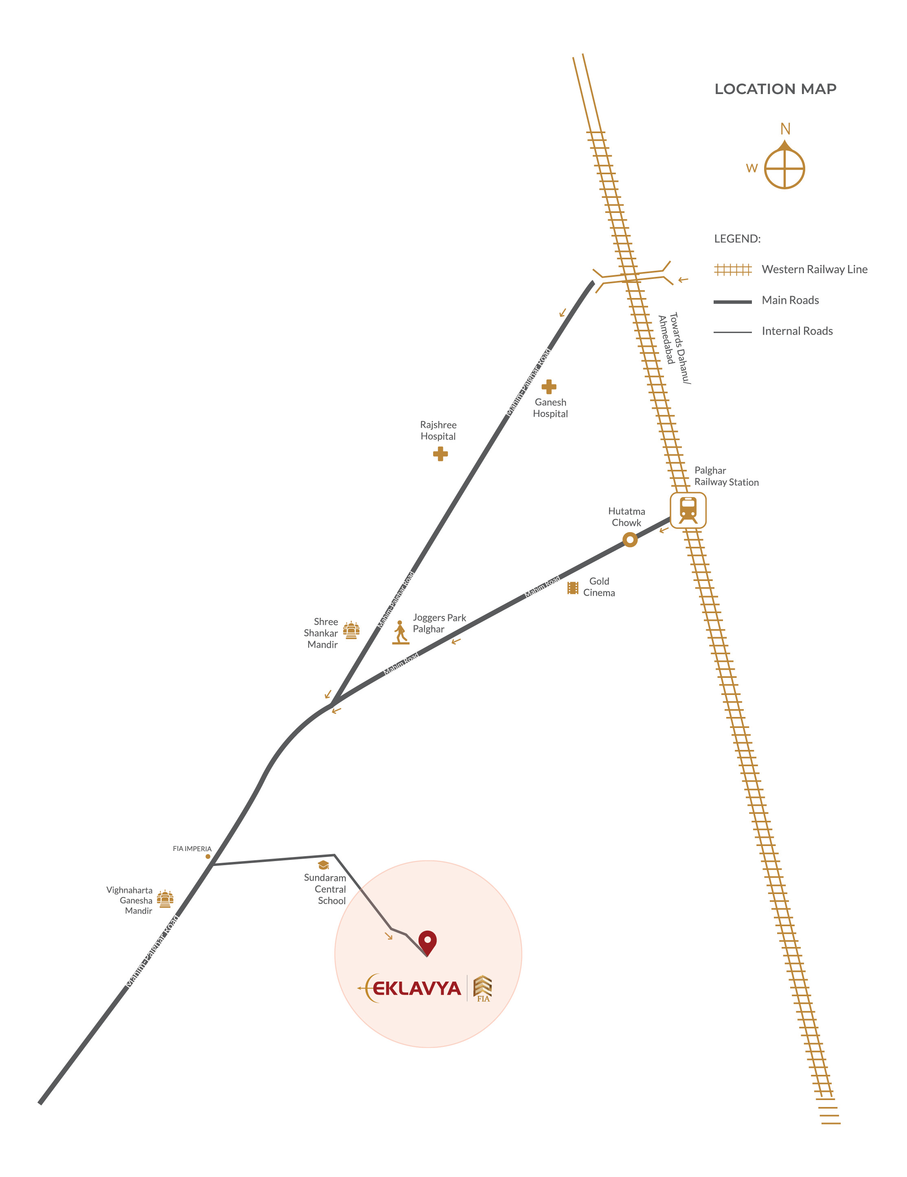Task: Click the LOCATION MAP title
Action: point(775,89)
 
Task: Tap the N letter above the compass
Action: point(785,129)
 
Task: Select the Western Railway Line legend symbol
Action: point(732,270)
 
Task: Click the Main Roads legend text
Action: point(790,300)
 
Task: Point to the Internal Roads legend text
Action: point(797,331)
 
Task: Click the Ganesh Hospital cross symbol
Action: point(549,386)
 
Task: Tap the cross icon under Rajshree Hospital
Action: point(440,454)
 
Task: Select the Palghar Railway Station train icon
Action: point(688,510)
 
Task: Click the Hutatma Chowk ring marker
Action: point(630,539)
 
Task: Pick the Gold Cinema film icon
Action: point(573,587)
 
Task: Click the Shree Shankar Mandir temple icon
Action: point(351,630)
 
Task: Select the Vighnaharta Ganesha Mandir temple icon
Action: point(165,899)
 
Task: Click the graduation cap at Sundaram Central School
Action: point(323,865)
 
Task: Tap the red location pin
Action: point(427,942)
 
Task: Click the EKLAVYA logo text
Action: point(416,989)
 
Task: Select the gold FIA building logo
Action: point(483,989)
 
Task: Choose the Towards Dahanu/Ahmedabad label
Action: point(674,348)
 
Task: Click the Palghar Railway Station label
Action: point(727,476)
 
